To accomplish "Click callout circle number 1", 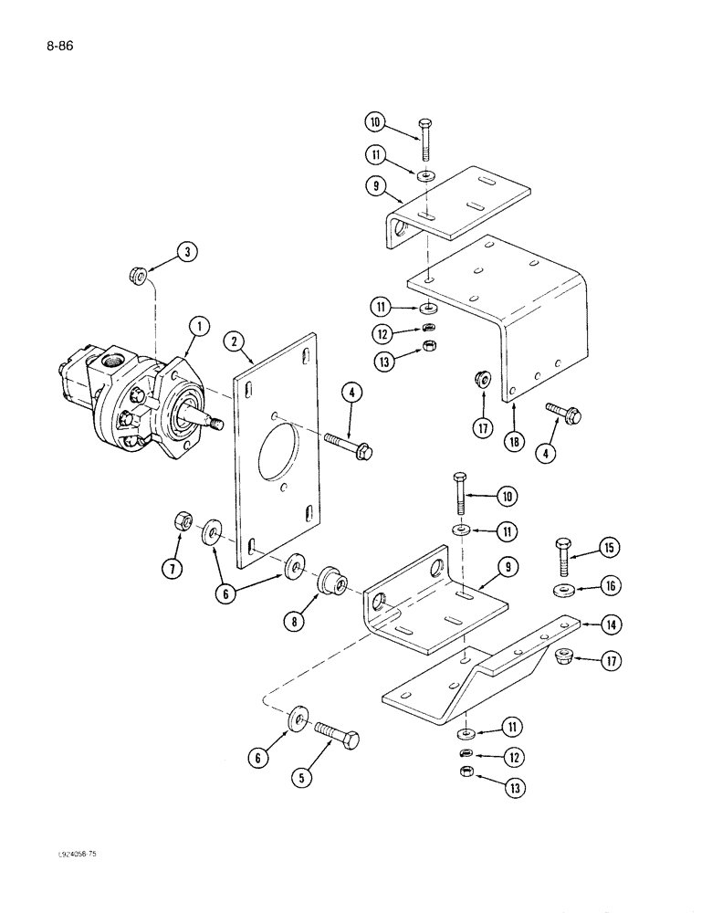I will pos(196,324).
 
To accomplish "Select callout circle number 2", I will pos(236,341).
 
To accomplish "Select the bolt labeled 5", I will pos(337,735).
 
